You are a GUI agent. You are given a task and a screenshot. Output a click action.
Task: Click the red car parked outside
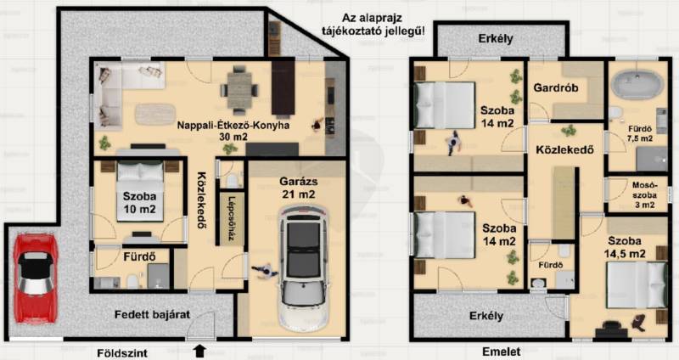coord(36,278)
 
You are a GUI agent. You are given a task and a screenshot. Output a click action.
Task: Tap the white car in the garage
coord(303,269)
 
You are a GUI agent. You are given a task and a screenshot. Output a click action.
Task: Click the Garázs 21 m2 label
coord(299,188)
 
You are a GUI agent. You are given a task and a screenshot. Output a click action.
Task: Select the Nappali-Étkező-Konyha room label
coord(233,131)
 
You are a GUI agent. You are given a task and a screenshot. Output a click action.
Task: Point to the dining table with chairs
coord(239,91)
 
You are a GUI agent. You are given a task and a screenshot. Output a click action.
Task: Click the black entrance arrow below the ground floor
coord(199,351)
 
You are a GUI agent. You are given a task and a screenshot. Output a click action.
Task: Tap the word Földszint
coord(122,353)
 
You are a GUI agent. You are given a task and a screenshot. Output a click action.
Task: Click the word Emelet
coord(502,352)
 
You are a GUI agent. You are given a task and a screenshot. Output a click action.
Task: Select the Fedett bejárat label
coord(152,314)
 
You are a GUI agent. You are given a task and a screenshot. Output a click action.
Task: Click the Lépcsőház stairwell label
coord(232,219)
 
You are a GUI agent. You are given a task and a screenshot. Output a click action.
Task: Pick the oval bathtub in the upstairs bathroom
coord(637,85)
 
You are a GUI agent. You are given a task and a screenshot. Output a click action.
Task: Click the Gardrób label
coord(556,88)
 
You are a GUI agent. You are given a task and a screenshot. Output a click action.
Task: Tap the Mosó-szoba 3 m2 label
coord(644,195)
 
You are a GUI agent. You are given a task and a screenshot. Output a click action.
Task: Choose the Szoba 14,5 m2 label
coord(625,247)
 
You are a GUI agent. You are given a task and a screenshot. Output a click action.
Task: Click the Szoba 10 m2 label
coord(139,203)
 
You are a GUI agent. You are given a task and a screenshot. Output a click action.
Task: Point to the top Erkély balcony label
coord(496,38)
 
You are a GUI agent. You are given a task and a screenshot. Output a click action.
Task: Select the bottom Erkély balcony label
coord(486,316)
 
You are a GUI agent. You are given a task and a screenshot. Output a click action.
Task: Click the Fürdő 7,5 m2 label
coord(640,134)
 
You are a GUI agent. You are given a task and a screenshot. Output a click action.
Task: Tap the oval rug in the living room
coord(155,115)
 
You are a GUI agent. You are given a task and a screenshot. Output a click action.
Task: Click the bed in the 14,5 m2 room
coord(636,285)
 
